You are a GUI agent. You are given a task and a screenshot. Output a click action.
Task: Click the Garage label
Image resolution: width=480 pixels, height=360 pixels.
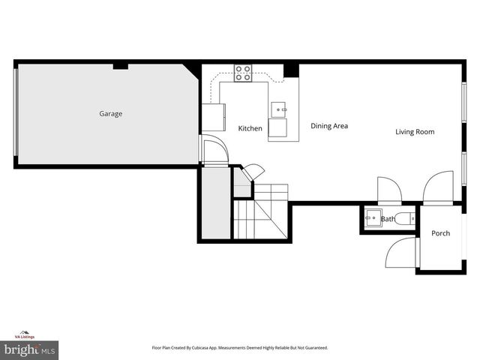point(111,114)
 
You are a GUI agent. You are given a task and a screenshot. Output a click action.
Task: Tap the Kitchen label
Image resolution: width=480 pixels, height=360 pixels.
point(250,128)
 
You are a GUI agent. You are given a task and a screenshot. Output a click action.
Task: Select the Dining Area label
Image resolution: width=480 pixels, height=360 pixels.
point(329,126)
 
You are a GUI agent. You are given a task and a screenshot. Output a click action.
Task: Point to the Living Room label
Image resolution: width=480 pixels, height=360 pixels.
point(415,132)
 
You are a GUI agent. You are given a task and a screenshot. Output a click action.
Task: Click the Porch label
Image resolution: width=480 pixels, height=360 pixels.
point(440,233)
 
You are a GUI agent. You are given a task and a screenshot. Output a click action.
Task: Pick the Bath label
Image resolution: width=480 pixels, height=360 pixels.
point(388,219)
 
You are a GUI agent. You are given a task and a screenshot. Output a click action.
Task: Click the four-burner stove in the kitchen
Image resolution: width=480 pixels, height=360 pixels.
point(244,72)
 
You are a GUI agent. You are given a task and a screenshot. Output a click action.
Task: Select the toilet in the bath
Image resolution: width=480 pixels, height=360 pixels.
point(406,218)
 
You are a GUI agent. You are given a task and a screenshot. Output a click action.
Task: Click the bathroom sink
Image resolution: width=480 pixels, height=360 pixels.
point(373,218)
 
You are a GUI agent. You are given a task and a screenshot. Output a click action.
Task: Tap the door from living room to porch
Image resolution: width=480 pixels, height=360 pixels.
point(438,188)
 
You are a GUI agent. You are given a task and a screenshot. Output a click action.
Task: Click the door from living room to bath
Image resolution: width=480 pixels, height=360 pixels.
point(389,190)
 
